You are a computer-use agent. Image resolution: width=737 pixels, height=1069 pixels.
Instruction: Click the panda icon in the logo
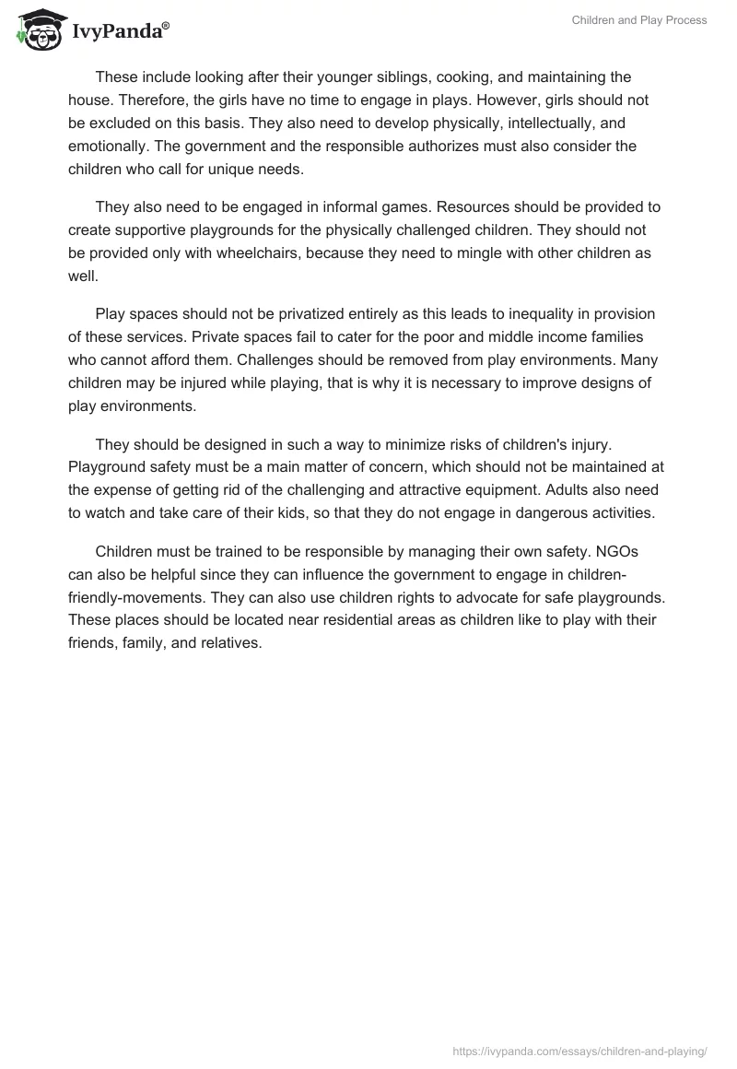click(37, 29)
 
